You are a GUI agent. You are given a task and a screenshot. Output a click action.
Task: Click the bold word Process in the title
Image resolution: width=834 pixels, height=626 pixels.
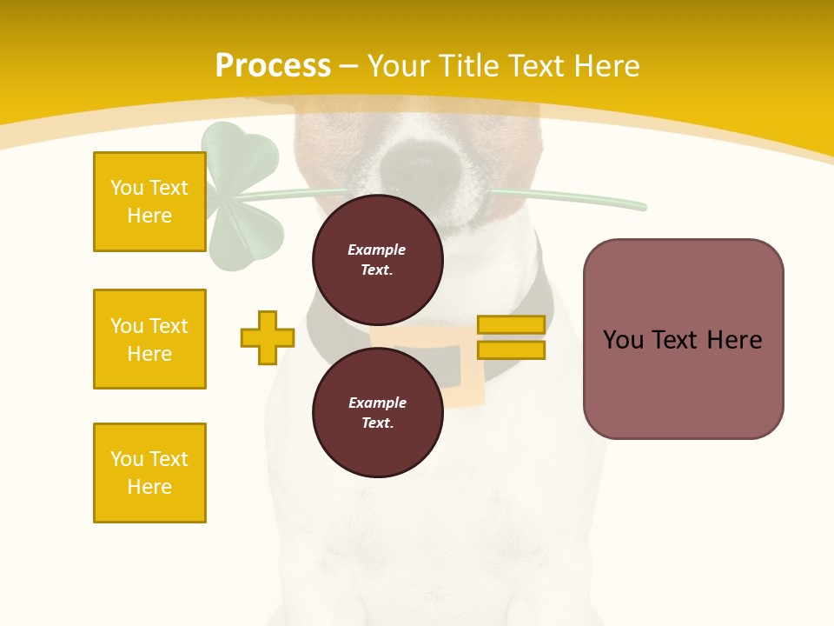pyautogui.click(x=273, y=66)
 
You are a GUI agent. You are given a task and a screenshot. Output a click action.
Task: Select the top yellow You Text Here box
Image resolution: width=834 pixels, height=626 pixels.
pyautogui.click(x=149, y=202)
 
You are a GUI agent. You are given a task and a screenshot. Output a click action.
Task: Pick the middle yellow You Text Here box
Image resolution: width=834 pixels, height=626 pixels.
pyautogui.click(x=149, y=339)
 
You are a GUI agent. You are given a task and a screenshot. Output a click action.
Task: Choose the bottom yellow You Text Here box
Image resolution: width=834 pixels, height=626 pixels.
pyautogui.click(x=149, y=473)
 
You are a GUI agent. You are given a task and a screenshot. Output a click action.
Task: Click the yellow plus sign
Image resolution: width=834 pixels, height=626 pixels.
pyautogui.click(x=268, y=337)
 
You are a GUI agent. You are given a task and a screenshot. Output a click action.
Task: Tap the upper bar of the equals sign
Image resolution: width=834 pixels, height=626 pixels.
pyautogui.click(x=511, y=324)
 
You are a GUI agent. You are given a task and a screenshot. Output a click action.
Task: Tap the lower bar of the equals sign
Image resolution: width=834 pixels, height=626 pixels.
pyautogui.click(x=511, y=350)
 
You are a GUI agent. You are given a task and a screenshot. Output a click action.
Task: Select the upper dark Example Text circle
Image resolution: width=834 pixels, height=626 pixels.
pyautogui.click(x=377, y=259)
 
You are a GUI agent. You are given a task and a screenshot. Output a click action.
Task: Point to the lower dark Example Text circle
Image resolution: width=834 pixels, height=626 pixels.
pyautogui.click(x=377, y=412)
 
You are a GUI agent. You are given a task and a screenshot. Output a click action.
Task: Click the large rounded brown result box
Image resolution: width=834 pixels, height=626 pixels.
pyautogui.click(x=683, y=339)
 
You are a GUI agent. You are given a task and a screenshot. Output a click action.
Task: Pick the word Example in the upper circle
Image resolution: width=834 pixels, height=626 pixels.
pyautogui.click(x=377, y=250)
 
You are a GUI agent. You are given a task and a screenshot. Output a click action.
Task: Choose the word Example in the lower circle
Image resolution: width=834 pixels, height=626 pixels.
pyautogui.click(x=377, y=403)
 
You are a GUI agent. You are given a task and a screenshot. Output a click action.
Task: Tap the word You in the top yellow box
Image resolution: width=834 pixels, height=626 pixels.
pyautogui.click(x=126, y=188)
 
